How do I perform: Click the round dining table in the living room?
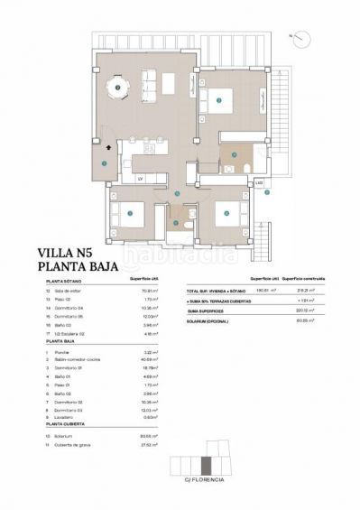[x=117, y=87]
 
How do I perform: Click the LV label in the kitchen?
[x=141, y=178]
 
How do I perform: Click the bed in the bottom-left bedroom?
[x=127, y=214]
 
